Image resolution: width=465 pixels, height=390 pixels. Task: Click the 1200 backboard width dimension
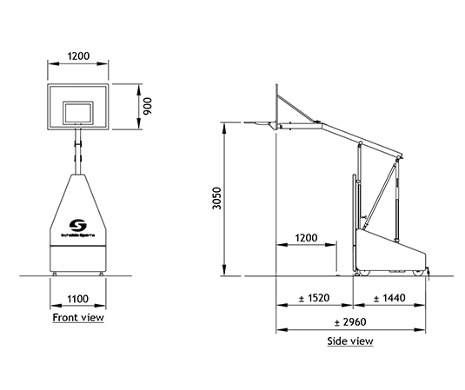pos(78,56)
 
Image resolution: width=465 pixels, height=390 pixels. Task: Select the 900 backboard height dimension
pos(148,106)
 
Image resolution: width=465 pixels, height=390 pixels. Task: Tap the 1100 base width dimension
pos(77,299)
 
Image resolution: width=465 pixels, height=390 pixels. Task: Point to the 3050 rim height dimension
pos(217,198)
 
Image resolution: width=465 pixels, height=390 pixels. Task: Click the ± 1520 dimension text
pos(314,298)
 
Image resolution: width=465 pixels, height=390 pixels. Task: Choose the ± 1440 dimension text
pos(389,298)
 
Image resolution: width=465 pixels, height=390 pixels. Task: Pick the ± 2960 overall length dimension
pos(350,322)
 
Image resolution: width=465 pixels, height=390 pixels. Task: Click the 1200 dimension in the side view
pos(306,238)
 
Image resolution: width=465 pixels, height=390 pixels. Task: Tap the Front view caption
pos(78,317)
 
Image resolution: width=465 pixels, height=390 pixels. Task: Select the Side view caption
pos(350,341)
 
